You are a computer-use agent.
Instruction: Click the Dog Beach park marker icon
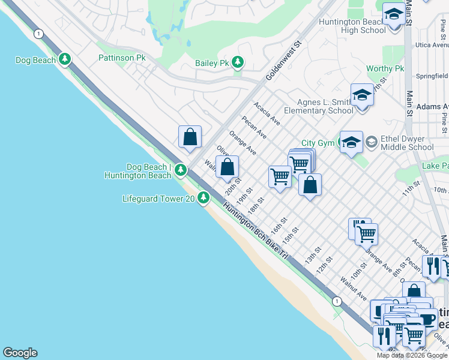tap(65, 59)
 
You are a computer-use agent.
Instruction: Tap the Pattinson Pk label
tap(122, 58)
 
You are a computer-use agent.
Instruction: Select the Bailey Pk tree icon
tap(238, 62)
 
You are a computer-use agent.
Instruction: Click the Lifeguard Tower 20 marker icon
tap(204, 197)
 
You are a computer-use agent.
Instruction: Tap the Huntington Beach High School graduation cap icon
tap(394, 14)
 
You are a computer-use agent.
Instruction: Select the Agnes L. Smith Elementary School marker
tap(362, 95)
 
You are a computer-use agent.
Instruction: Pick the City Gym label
tap(317, 143)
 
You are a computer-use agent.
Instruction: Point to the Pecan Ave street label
tap(255, 127)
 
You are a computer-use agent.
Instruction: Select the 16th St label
tap(276, 230)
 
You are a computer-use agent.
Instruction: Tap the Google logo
tap(20, 353)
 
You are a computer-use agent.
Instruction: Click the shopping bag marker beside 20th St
tap(228, 167)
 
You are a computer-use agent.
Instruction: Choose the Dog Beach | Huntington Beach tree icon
tap(180, 171)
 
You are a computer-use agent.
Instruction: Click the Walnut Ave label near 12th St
tap(353, 289)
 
